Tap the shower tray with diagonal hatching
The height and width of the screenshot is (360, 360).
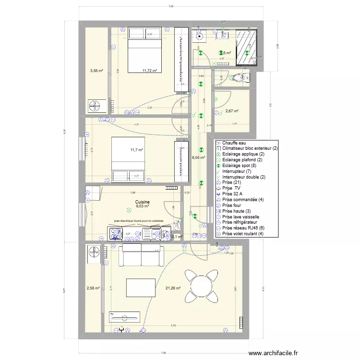point(247,47)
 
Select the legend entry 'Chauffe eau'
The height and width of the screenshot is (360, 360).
point(234,143)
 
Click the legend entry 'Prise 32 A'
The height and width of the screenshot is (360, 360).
point(233,194)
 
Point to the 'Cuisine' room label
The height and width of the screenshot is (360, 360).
point(142,202)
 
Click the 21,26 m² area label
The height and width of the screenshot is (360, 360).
point(172,288)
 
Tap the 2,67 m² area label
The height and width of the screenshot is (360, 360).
point(232,111)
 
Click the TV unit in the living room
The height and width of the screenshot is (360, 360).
point(125,318)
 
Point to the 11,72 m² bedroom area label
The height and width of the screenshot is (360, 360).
point(150,71)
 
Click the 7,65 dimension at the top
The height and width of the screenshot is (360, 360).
point(171,6)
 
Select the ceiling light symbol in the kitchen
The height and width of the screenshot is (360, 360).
point(128,210)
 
